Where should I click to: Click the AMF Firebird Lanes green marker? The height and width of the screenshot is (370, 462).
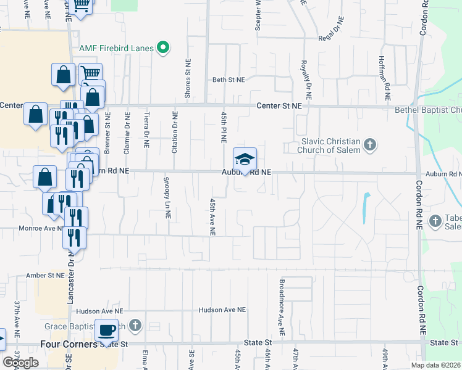pyautogui.click(x=163, y=47)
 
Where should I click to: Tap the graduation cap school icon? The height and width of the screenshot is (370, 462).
pyautogui.click(x=245, y=159)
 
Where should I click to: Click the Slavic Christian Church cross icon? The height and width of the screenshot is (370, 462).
pyautogui.click(x=369, y=146)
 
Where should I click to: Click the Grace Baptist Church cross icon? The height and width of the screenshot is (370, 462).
pyautogui.click(x=135, y=325)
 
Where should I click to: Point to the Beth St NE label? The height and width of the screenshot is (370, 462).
pyautogui.click(x=229, y=80)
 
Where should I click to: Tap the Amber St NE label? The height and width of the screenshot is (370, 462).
pyautogui.click(x=43, y=275)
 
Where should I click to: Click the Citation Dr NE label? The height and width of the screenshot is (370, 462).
pyautogui.click(x=175, y=132)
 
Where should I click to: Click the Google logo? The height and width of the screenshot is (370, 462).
pyautogui.click(x=20, y=362)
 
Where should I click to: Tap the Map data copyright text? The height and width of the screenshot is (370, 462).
pyautogui.click(x=436, y=365)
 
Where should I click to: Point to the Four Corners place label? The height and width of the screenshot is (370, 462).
pyautogui.click(x=69, y=343)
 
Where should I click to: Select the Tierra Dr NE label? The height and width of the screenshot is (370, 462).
pyautogui.click(x=146, y=131)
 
